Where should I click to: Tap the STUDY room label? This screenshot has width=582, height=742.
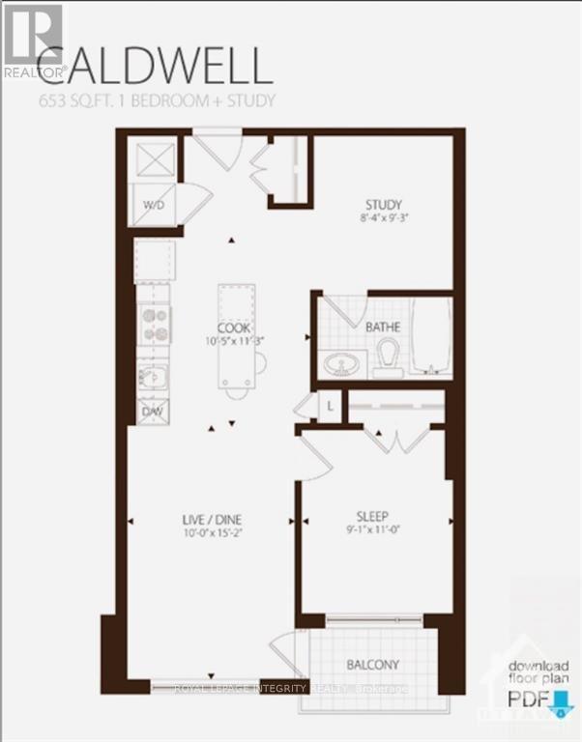point(382,204)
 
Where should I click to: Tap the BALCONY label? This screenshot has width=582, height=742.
point(372,665)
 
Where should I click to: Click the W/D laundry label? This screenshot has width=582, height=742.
point(155,205)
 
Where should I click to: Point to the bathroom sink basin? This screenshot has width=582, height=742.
point(339,365)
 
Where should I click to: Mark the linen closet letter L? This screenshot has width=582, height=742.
point(330,407)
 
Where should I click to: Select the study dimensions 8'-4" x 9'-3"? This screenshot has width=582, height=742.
point(382,218)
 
